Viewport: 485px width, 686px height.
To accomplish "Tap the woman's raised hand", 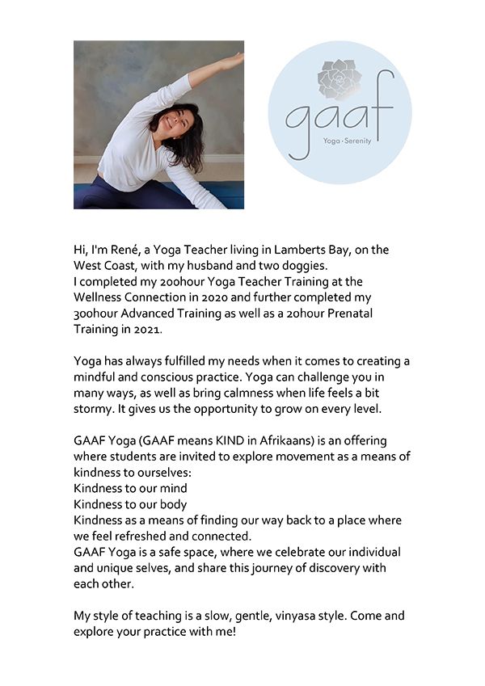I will (234, 60).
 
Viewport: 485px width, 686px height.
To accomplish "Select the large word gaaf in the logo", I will (339, 121).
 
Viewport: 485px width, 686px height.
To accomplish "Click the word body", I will (173, 503).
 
